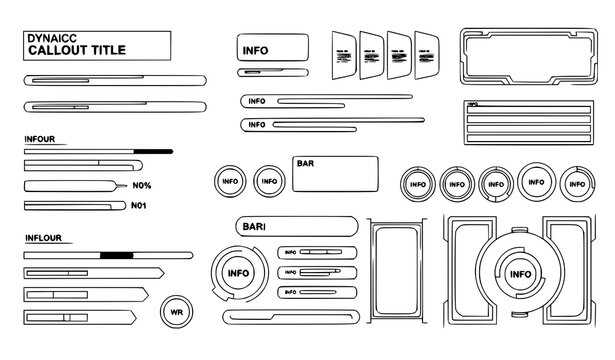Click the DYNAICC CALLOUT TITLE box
[96, 47]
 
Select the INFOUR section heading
[40, 139]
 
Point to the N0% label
[142, 186]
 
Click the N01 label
[140, 205]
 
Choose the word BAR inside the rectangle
[305, 162]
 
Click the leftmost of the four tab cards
[343, 56]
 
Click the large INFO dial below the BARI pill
[239, 273]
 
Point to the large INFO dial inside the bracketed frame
[520, 273]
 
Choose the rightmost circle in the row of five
[576, 183]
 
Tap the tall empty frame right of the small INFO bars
[399, 271]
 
